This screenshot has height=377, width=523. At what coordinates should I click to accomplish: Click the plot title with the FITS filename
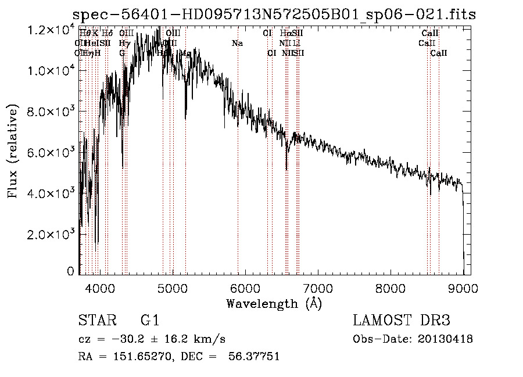tap(274, 15)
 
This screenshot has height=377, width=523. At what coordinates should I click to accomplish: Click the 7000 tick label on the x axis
tap(317, 286)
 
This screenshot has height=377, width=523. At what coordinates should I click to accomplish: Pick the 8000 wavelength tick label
tap(390, 286)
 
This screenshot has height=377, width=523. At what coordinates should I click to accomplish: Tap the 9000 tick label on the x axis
tap(463, 286)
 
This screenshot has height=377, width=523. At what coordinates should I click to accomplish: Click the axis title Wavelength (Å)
tap(274, 303)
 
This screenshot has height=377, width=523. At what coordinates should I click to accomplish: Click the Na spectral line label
tap(237, 43)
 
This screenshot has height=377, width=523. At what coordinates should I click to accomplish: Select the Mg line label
tap(185, 53)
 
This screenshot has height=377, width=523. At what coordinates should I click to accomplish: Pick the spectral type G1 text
tap(150, 321)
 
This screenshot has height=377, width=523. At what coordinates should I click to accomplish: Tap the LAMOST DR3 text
tap(402, 321)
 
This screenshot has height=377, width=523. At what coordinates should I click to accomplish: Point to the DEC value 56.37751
tap(253, 357)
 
